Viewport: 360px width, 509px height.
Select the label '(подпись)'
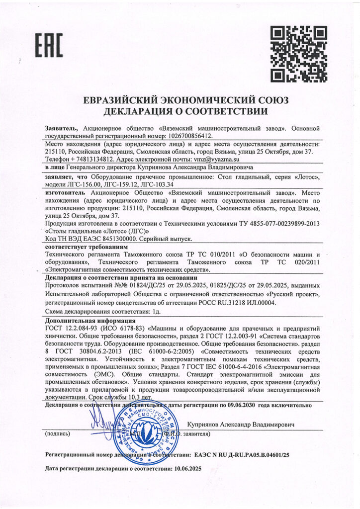[x=59, y=434]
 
